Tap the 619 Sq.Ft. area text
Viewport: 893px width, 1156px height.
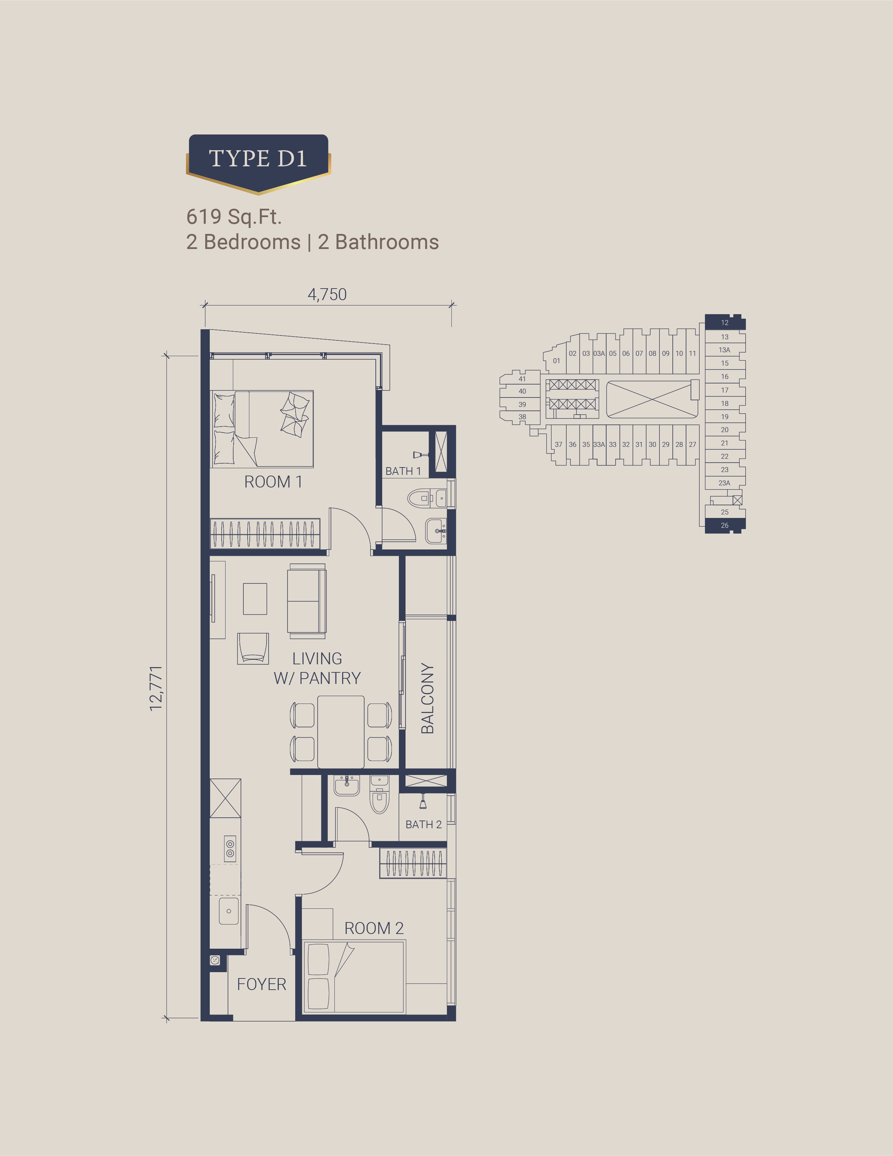tap(234, 216)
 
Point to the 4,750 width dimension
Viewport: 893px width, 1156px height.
tap(327, 294)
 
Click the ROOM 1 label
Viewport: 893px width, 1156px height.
tap(273, 482)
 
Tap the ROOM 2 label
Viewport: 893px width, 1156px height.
tap(374, 928)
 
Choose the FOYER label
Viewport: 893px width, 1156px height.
tap(262, 984)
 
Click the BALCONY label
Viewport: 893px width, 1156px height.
tap(427, 698)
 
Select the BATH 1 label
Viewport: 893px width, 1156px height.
tap(403, 471)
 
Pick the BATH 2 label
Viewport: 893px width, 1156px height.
tap(423, 824)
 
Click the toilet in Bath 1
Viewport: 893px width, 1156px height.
tap(427, 498)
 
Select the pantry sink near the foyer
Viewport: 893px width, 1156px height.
tap(229, 911)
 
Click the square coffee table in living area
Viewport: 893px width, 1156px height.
tap(255, 598)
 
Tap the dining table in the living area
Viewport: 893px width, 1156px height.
tap(341, 732)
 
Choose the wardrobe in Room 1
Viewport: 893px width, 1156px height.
tap(265, 534)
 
